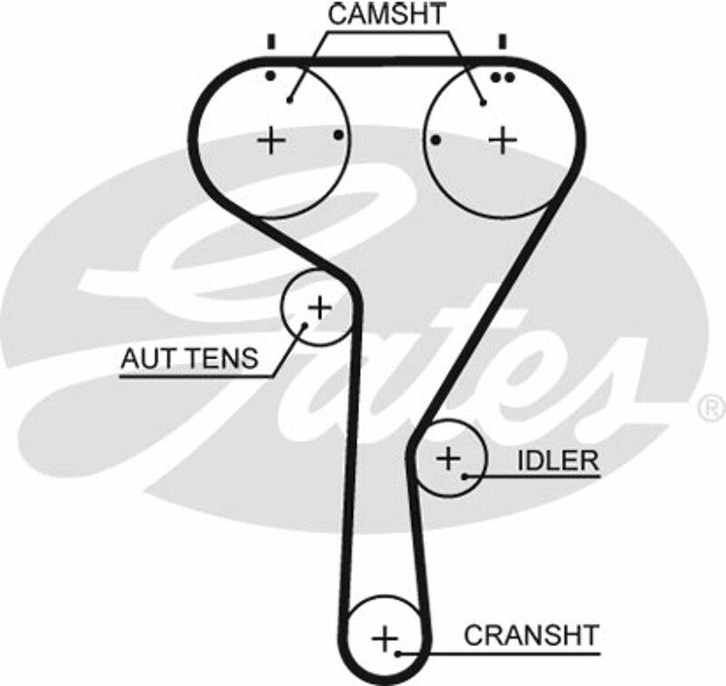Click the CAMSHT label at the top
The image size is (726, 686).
tap(387, 15)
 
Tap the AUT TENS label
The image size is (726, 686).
tap(189, 358)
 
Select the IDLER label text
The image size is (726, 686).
tap(558, 460)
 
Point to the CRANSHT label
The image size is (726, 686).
tap(531, 634)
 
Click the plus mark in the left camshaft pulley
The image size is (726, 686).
tap(270, 140)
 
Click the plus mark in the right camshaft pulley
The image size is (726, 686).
tap(503, 140)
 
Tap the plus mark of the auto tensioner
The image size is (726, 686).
tap(319, 308)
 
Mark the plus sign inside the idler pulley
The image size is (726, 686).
tap(448, 458)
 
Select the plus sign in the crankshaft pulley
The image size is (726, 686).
tap(386, 638)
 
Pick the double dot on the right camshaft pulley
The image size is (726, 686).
tap(502, 77)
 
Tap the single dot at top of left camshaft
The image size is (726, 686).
tap(270, 76)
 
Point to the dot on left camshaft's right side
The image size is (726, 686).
tap(338, 135)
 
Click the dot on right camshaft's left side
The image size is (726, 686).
tap(437, 140)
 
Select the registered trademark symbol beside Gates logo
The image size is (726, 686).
tap(708, 408)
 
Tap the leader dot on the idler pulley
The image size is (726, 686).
tap(465, 475)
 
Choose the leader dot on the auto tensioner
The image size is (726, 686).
tap(302, 329)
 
